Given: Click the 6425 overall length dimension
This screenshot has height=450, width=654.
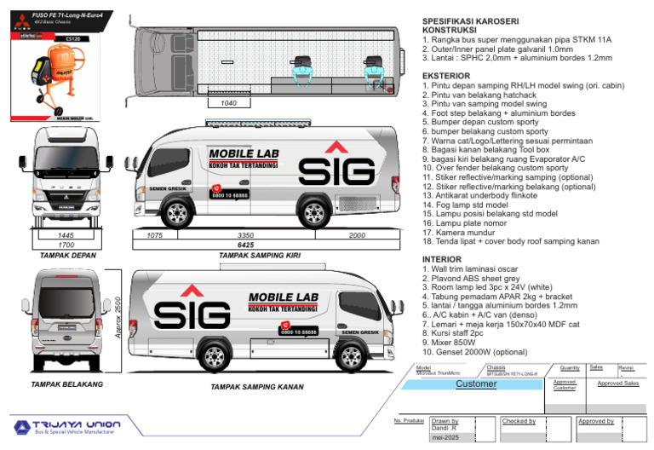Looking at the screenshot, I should pos(246,244).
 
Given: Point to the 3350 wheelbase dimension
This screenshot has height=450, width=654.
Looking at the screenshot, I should pos(246,234).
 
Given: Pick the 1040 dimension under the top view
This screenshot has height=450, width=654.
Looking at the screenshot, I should pos(228,103).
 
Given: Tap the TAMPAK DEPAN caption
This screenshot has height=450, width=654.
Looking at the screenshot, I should pos(67,255).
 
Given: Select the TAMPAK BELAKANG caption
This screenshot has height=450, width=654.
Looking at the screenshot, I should pos(66,384).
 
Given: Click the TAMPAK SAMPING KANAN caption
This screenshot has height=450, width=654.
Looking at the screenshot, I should pos(257,386).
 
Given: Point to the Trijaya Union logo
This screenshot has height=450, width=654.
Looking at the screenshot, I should pos(66,425).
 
